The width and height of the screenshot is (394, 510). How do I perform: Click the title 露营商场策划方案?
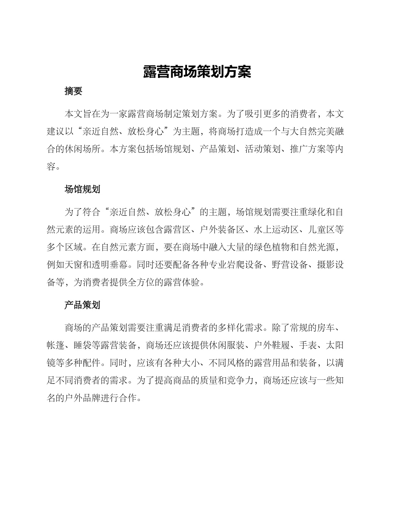[197, 72]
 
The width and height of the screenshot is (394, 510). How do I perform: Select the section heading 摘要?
[73, 92]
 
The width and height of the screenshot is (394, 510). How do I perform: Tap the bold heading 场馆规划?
[83, 189]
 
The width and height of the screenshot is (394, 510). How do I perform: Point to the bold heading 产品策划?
[83, 306]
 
